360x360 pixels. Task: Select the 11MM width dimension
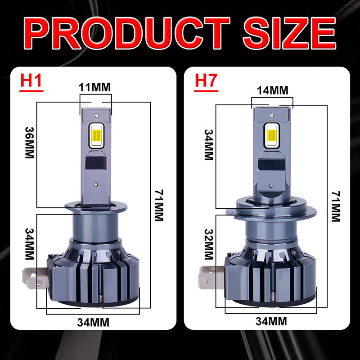point(94,87)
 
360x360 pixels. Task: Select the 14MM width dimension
point(272,90)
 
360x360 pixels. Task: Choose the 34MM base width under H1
point(94,322)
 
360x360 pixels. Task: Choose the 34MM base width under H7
point(271,321)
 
